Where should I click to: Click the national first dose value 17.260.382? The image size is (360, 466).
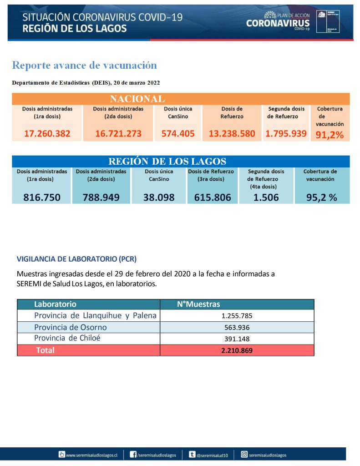(x=47, y=133)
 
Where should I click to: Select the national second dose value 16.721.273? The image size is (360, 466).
(x=118, y=133)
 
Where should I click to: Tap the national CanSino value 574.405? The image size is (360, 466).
(x=178, y=133)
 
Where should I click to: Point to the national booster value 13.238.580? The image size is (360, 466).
(x=232, y=133)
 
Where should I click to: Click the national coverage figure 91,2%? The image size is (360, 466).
(x=330, y=134)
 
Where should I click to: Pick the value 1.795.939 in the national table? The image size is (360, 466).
(x=286, y=133)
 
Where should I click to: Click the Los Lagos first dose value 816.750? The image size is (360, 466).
(x=41, y=198)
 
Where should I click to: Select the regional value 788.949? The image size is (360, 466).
(x=101, y=198)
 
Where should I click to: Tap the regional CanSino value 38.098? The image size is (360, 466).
(x=159, y=198)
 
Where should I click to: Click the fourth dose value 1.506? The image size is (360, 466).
(x=266, y=198)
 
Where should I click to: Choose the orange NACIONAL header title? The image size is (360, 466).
(x=137, y=99)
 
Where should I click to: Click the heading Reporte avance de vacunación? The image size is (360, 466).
(x=84, y=65)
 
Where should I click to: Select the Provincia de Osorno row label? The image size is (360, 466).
(x=71, y=327)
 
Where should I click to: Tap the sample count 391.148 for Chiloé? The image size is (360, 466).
(x=237, y=339)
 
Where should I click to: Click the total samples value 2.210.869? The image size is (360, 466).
(x=237, y=350)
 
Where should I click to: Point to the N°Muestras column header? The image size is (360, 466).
(x=198, y=304)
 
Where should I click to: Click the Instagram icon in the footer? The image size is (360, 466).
(x=244, y=454)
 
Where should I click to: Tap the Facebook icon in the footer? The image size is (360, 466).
(x=133, y=454)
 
